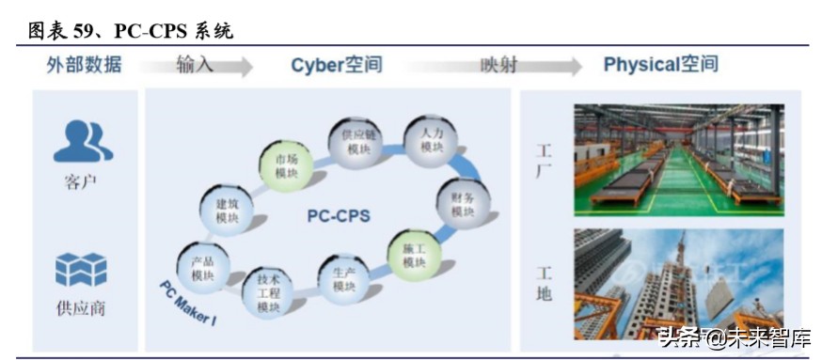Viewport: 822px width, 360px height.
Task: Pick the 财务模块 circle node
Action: pyautogui.click(x=463, y=203)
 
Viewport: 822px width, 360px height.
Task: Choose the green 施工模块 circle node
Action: pyautogui.click(x=415, y=255)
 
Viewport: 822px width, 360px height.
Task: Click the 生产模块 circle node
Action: pyautogui.click(x=344, y=278)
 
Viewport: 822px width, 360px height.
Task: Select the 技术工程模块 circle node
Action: pyautogui.click(x=269, y=292)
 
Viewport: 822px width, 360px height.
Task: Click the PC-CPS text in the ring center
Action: pyautogui.click(x=339, y=216)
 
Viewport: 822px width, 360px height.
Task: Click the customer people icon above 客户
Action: pyautogui.click(x=82, y=141)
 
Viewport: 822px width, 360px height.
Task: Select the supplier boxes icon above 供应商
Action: pyautogui.click(x=81, y=271)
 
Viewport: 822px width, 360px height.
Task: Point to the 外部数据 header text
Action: pyautogui.click(x=84, y=65)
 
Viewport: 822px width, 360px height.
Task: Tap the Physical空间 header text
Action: pyautogui.click(x=660, y=65)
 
